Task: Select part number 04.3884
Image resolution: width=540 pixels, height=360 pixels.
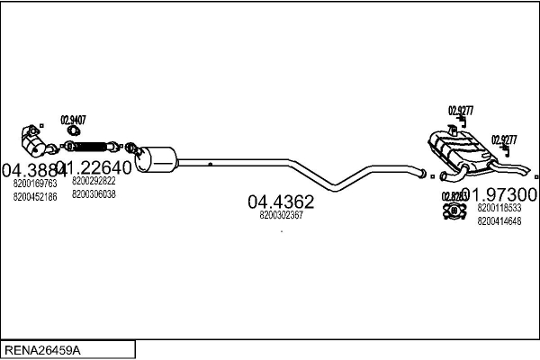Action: pyautogui.click(x=32, y=168)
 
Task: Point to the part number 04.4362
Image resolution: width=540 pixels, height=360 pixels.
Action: pyautogui.click(x=281, y=202)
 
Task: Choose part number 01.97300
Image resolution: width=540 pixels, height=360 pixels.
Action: pyautogui.click(x=501, y=195)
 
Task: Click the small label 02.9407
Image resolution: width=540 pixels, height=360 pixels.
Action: pyautogui.click(x=73, y=120)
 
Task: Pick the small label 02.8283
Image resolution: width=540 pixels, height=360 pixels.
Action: pyautogui.click(x=453, y=196)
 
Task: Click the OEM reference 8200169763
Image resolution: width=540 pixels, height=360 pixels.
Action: pyautogui.click(x=35, y=183)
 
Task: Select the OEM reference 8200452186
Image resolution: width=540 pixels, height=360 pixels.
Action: pyautogui.click(x=35, y=195)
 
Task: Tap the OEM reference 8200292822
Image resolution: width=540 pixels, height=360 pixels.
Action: pyautogui.click(x=94, y=181)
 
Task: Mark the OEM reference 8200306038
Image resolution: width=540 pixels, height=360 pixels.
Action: pyautogui.click(x=94, y=193)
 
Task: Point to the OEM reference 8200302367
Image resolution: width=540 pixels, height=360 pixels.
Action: pyautogui.click(x=281, y=215)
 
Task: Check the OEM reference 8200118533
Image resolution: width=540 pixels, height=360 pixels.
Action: pyautogui.click(x=499, y=208)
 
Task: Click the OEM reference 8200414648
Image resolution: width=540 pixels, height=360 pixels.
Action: pyautogui.click(x=499, y=220)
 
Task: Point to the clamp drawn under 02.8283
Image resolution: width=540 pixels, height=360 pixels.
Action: pyautogui.click(x=453, y=211)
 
